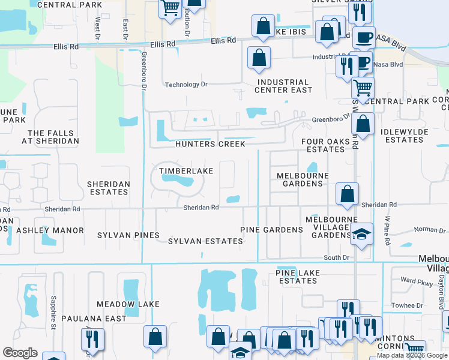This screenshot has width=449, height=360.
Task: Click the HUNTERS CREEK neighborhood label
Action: pos(210,144)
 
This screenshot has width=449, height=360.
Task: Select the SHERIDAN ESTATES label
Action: pos(107,188)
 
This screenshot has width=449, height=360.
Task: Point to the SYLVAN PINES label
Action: pos(128,235)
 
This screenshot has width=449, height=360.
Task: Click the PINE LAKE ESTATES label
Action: pos(297,277)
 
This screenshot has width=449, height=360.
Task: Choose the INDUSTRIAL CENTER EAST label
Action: pos(283,86)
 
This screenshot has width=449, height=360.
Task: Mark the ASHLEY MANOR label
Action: pos(50,230)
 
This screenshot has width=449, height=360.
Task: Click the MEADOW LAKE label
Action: pos(128,304)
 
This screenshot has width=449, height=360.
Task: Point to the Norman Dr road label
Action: pos(426,230)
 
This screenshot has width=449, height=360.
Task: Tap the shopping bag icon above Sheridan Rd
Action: pos(347,194)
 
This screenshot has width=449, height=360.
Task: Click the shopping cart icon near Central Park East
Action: pos(363,88)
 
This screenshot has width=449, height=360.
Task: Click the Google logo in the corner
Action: pos(20,353)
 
